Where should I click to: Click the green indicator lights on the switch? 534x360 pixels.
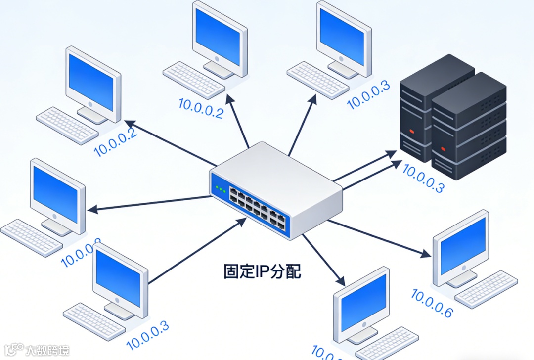pyautogui.click(x=221, y=189)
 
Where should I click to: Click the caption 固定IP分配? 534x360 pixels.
pyautogui.click(x=262, y=271)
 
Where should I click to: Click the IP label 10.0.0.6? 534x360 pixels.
pyautogui.click(x=432, y=304)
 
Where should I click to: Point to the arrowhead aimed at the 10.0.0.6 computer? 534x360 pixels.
pyautogui.click(x=425, y=254)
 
